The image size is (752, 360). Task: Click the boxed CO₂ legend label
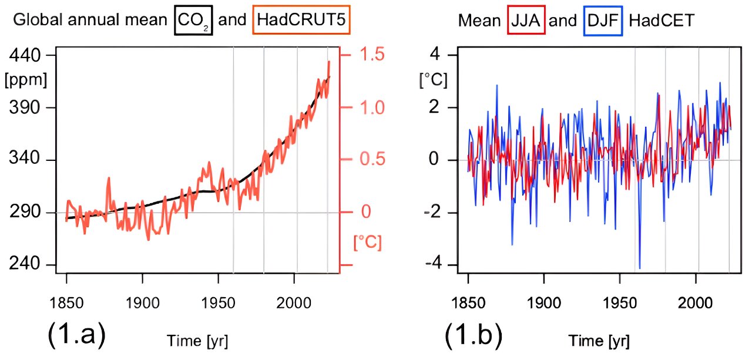193,21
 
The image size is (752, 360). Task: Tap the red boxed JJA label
527,21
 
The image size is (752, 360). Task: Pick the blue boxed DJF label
603,21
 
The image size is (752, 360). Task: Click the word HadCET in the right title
662,21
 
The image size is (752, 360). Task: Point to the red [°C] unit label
368,241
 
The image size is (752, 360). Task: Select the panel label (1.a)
76,334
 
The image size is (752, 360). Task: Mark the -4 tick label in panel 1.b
435,265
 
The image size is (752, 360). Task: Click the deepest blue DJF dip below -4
639,268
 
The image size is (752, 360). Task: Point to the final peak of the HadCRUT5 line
329,61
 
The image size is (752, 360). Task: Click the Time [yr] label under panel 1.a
197,341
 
